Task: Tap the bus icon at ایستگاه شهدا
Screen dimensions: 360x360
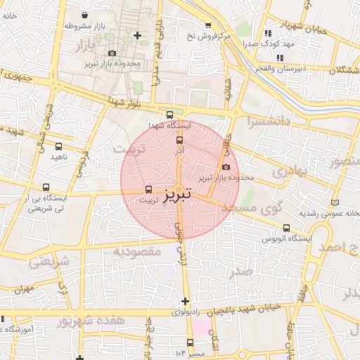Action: coord(169,115)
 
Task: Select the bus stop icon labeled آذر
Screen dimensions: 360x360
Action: coord(179,141)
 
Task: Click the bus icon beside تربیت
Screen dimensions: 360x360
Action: coord(148,189)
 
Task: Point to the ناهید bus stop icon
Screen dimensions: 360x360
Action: coord(58,147)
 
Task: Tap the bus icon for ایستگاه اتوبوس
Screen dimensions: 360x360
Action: coord(286,228)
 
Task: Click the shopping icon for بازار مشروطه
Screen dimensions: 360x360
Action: coord(84,15)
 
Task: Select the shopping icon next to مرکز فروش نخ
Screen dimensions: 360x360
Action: coord(208,25)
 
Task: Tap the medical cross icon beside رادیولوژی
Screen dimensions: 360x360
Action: coord(185,301)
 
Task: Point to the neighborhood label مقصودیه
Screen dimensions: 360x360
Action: coord(134,251)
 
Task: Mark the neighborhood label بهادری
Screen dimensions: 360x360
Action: coord(288,171)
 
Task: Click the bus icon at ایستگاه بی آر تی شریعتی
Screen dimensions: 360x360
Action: coord(46,188)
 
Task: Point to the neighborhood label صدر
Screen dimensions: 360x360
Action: coord(243,271)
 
